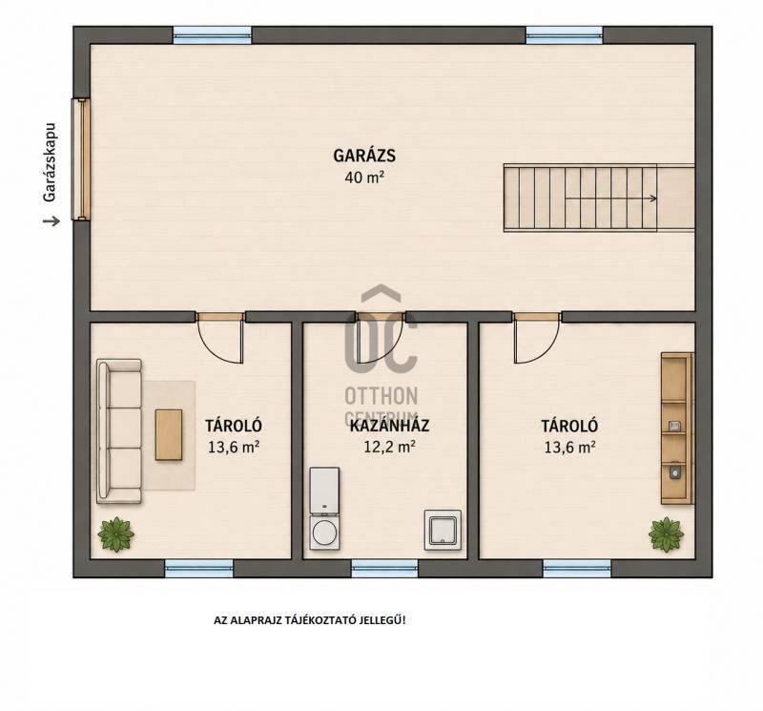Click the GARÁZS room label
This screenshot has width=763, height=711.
pyautogui.click(x=364, y=156)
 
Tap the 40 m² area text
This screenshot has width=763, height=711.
pyautogui.click(x=364, y=178)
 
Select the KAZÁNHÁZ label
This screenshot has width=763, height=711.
pyautogui.click(x=389, y=426)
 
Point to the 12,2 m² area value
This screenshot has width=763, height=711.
pyautogui.click(x=389, y=447)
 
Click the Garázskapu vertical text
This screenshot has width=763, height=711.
pyautogui.click(x=51, y=162)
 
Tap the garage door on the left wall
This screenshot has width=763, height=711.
pyautogui.click(x=81, y=159)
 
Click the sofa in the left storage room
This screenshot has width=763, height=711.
pyautogui.click(x=119, y=431)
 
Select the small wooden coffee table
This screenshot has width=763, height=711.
pyautogui.click(x=169, y=434)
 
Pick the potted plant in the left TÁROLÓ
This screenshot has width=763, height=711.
pyautogui.click(x=115, y=534)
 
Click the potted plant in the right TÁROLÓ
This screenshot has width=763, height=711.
pyautogui.click(x=666, y=534)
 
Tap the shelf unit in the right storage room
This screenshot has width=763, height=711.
pyautogui.click(x=677, y=429)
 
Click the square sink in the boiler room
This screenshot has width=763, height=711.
pyautogui.click(x=443, y=530)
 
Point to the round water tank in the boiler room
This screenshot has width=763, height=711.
pyautogui.click(x=324, y=533)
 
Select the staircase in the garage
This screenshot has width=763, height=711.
pyautogui.click(x=599, y=198)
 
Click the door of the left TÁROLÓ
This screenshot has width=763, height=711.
pyautogui.click(x=220, y=338)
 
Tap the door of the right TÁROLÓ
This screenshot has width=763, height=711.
pyautogui.click(x=537, y=338)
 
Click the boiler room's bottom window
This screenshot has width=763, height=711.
pyautogui.click(x=384, y=568)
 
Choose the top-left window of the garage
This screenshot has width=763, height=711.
pyautogui.click(x=212, y=35)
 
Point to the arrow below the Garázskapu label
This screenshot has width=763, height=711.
pyautogui.click(x=52, y=221)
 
